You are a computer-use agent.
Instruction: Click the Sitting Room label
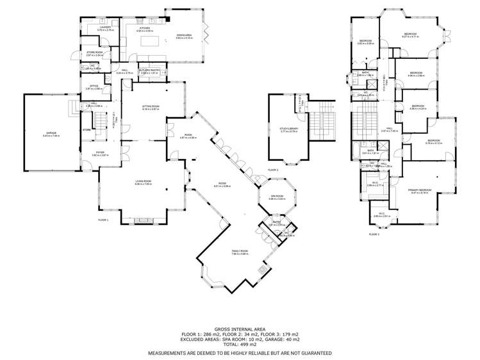(x=151, y=108)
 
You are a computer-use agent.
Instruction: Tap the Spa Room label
(x=276, y=197)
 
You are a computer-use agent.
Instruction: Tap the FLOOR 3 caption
(x=374, y=234)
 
